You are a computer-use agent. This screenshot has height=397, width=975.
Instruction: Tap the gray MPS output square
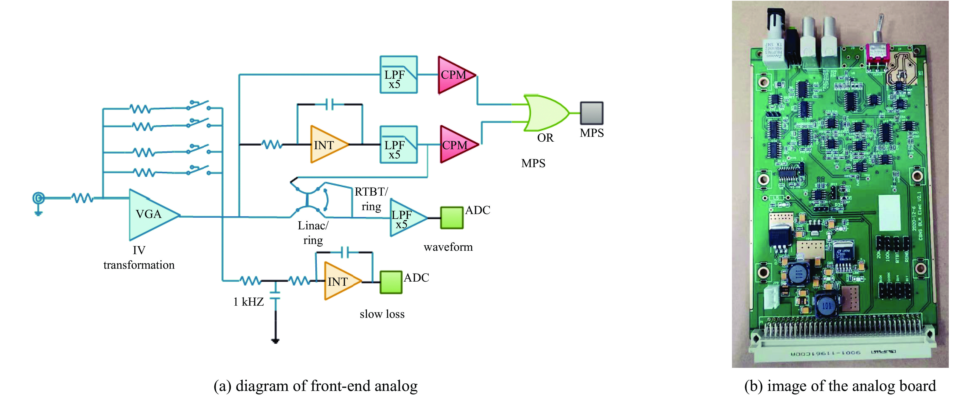click(592, 113)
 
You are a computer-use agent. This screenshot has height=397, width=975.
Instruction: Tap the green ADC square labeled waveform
click(452, 217)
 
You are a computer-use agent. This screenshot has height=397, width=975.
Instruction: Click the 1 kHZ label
click(248, 302)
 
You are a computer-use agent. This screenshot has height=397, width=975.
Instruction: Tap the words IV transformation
click(139, 258)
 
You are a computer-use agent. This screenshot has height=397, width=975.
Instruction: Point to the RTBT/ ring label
click(371, 199)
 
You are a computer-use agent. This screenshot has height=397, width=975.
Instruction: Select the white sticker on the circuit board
click(889, 213)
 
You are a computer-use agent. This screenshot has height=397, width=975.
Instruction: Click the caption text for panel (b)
click(840, 386)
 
